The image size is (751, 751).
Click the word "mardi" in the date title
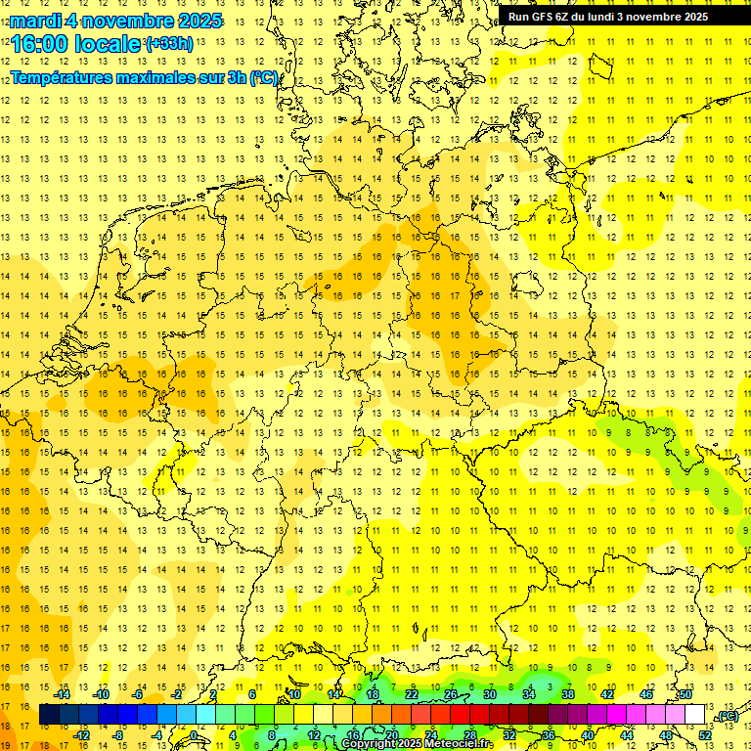point(35,21)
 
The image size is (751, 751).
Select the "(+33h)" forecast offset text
point(169,44)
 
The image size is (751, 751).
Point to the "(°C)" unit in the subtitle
point(264,77)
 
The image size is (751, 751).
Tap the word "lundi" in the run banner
point(612,16)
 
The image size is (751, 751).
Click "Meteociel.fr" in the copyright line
point(459,744)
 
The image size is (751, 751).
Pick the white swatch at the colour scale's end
point(695,715)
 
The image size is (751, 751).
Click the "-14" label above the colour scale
point(63,694)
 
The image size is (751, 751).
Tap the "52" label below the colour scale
point(705,735)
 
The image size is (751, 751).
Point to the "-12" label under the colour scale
point(82,735)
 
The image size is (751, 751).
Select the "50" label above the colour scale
point(685,694)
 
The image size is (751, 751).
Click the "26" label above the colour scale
point(451,694)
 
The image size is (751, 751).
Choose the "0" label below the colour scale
point(194,735)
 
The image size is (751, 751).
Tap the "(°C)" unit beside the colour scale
point(727,716)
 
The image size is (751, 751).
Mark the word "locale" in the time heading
point(107,44)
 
